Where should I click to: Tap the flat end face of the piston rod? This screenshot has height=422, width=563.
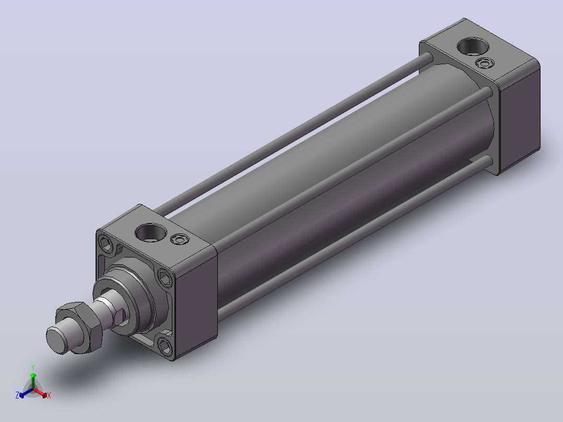click(x=57, y=341)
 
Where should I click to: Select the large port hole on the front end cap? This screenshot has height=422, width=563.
click(x=151, y=232)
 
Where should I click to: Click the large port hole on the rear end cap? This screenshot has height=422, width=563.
click(x=473, y=46)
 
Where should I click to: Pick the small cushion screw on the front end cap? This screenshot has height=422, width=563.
click(x=180, y=239)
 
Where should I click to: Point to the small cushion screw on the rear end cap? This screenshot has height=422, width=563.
click(x=485, y=64)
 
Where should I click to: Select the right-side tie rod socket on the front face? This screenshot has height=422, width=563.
click(x=165, y=278)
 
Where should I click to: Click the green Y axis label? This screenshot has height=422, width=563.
click(x=33, y=367)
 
